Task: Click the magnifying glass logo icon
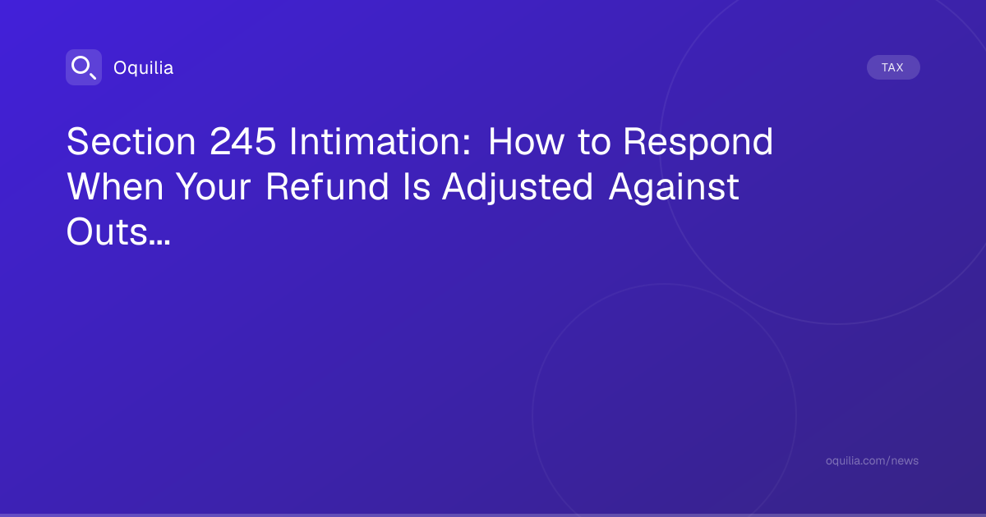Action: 84,67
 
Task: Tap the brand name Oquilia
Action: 144,68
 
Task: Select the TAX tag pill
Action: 893,67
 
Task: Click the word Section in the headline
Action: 131,141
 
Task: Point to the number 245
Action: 242,141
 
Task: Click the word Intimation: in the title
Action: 380,141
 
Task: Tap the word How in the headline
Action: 526,141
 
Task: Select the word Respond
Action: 698,144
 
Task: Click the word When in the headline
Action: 115,187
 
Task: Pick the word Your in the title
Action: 214,187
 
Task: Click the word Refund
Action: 327,187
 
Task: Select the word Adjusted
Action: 518,189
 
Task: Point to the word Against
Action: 674,189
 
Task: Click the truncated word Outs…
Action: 118,232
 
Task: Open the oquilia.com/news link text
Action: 872,460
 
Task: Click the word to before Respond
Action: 594,143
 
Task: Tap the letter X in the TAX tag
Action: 899,67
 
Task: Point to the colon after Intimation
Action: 467,145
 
